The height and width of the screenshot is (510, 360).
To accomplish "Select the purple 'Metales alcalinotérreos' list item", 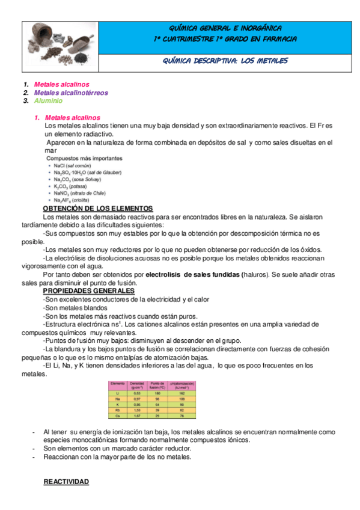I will pyautogui.click(x=71, y=93).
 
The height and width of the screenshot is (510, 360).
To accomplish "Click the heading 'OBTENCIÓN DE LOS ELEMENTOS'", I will pyautogui.click(x=98, y=208).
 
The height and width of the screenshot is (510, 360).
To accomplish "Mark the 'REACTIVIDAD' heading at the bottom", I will pyautogui.click(x=67, y=482).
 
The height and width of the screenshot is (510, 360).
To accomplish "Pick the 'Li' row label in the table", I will pyautogui.click(x=116, y=393).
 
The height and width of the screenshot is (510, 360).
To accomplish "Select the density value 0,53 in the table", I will pyautogui.click(x=137, y=393).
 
